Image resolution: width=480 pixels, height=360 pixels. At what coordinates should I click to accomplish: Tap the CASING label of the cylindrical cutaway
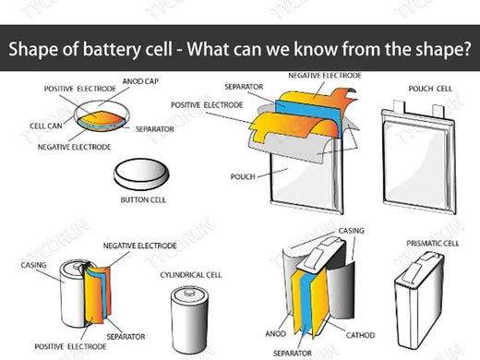click(34, 264)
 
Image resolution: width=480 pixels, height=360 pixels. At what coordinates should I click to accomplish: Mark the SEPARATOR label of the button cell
click(155, 129)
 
